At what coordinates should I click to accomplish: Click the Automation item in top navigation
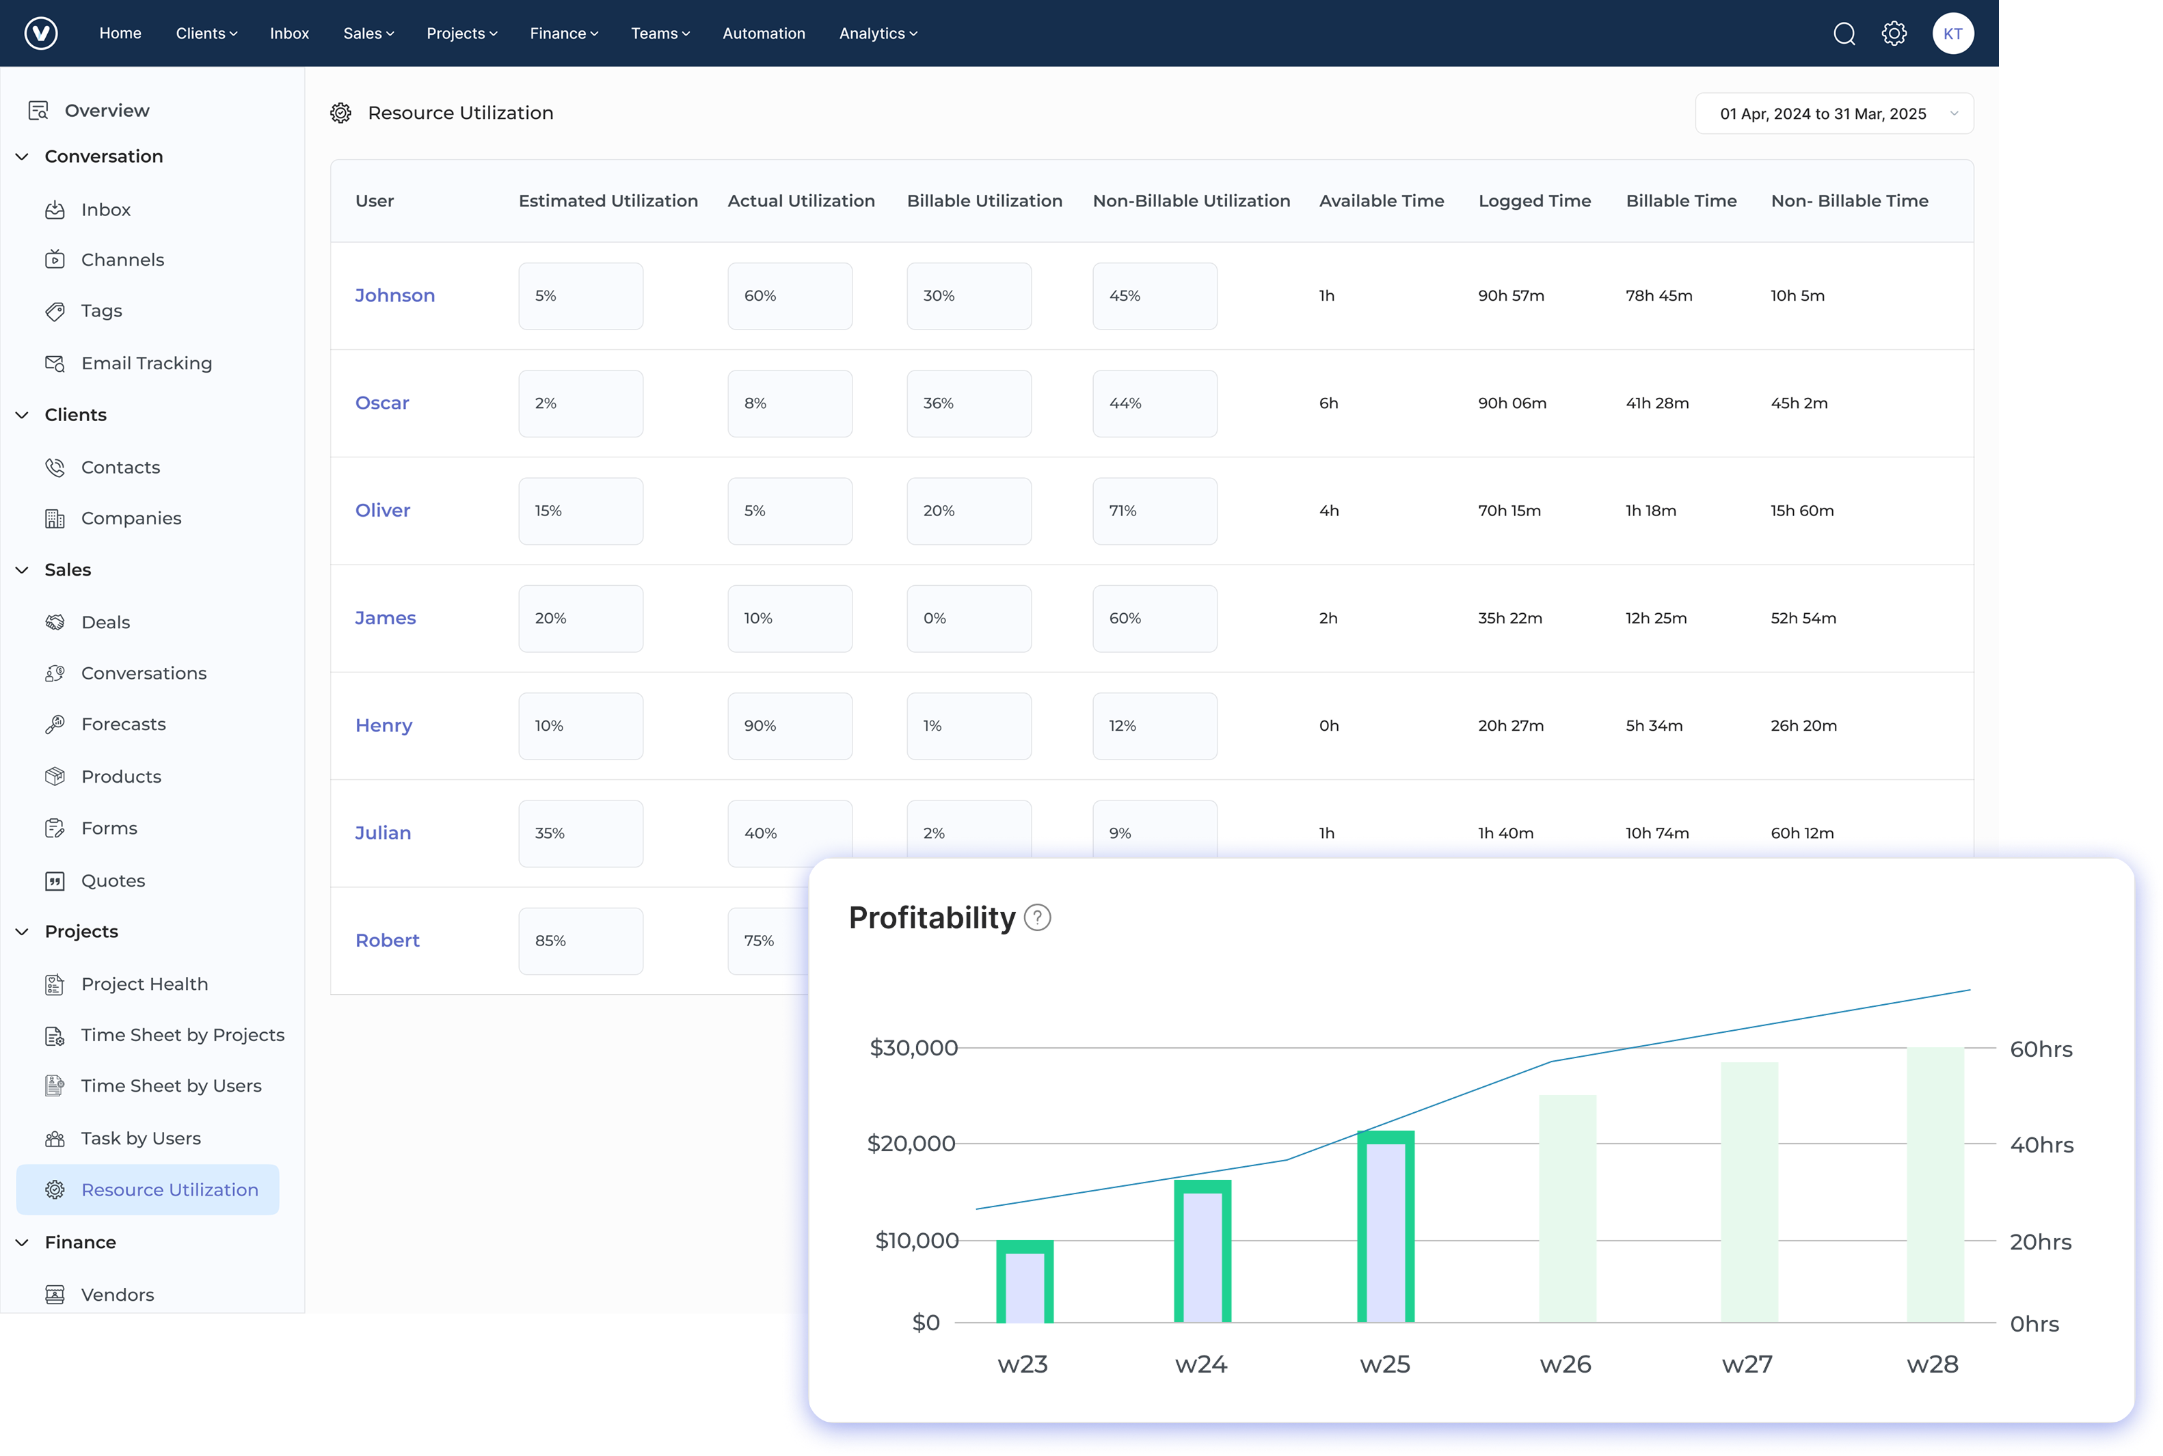coord(764,33)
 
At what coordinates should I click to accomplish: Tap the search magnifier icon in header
coord(1844,33)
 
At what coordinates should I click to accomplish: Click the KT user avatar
coord(1952,33)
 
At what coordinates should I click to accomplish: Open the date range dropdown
coord(1833,113)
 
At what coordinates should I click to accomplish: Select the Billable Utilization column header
coord(984,200)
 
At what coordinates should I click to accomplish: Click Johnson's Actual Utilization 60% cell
coord(790,295)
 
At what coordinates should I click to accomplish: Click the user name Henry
coord(384,725)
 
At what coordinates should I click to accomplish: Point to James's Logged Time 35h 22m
coord(1509,619)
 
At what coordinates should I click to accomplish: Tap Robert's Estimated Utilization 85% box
coord(580,941)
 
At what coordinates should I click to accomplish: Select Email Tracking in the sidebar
coord(146,363)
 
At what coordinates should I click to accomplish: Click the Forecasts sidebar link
coord(122,725)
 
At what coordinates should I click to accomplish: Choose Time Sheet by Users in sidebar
coord(171,1086)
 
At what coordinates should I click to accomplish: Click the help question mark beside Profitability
coord(1036,917)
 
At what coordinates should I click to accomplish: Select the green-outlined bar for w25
coord(1385,1226)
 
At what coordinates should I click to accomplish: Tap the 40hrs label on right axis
coord(2041,1145)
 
